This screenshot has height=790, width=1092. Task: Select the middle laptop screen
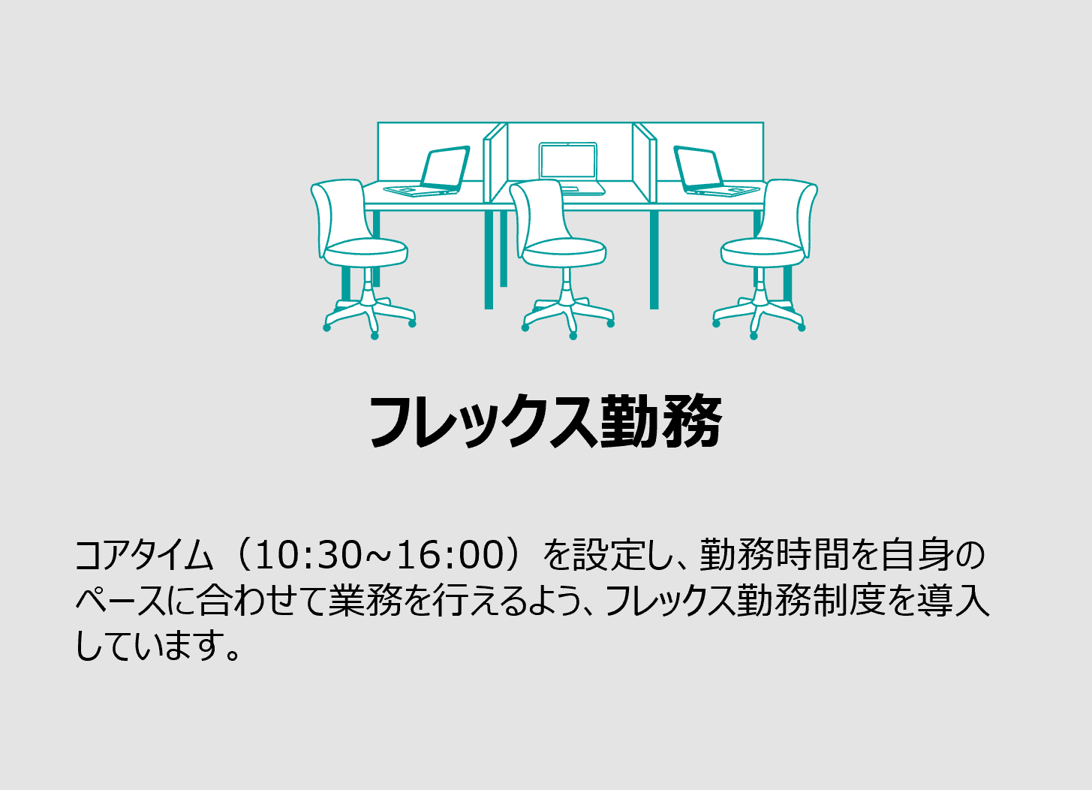[x=568, y=161]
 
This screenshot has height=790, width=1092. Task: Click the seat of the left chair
[x=366, y=252]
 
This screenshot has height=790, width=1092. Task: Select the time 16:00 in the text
[x=450, y=555]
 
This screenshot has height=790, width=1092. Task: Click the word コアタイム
[x=144, y=555]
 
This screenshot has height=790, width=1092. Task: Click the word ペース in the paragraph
[x=121, y=600]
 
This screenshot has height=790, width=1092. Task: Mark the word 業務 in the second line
[x=366, y=600]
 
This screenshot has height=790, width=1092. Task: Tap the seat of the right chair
[x=763, y=252]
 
